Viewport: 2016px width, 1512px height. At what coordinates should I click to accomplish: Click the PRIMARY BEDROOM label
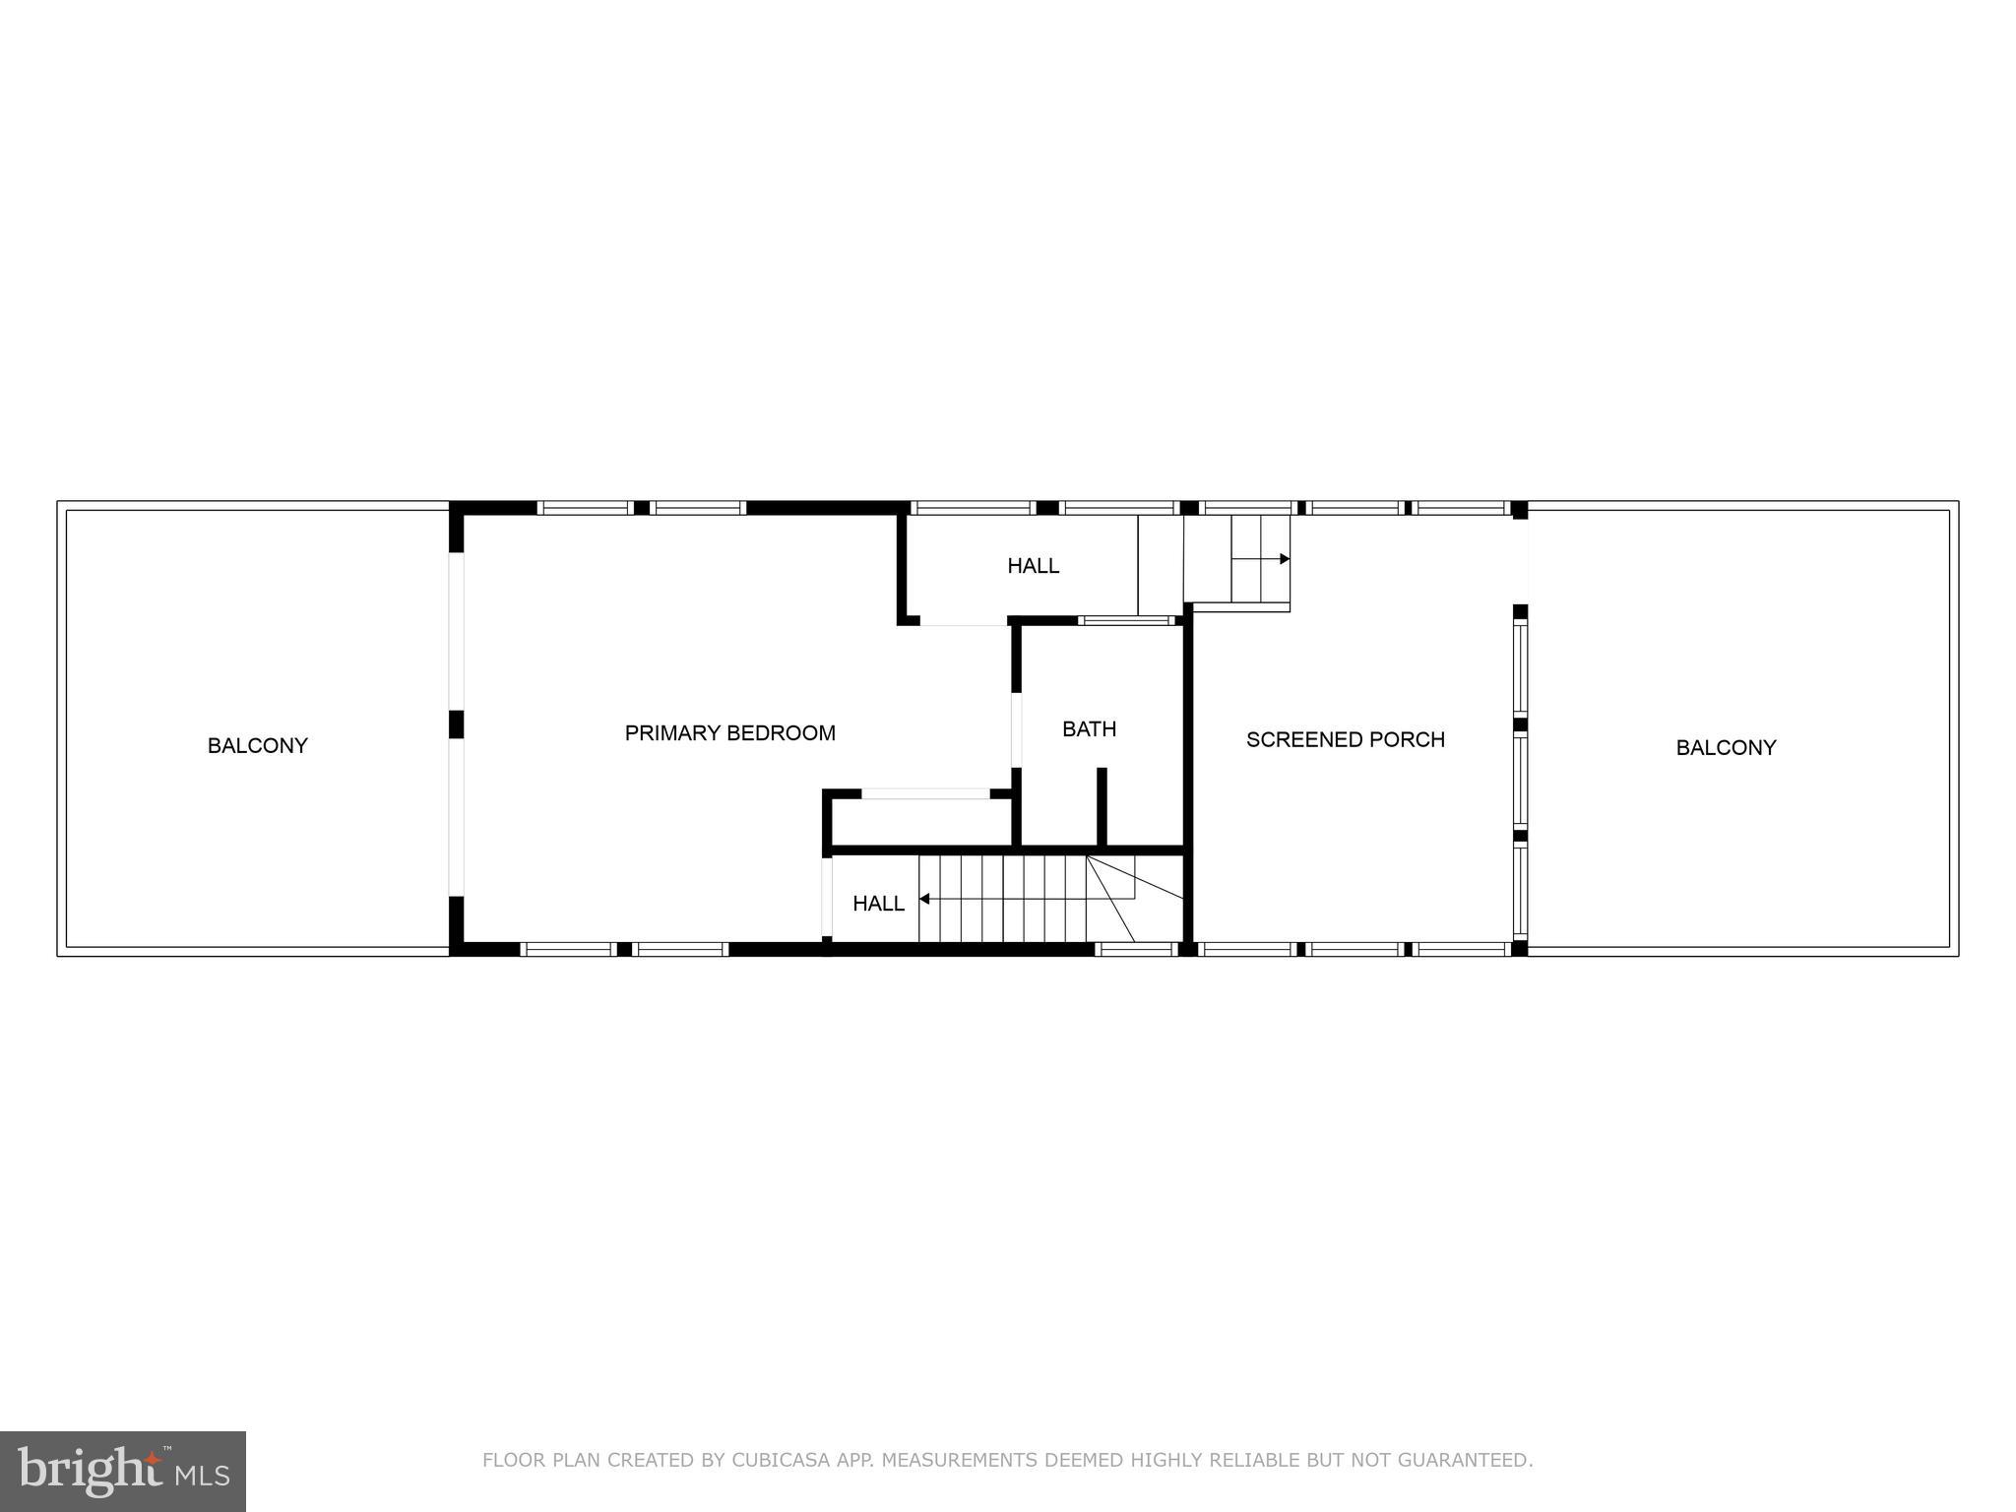click(729, 732)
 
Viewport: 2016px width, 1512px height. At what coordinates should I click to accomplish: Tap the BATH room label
click(1089, 728)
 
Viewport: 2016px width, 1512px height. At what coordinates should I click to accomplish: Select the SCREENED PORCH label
click(1345, 739)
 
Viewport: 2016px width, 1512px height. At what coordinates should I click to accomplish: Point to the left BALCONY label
click(257, 745)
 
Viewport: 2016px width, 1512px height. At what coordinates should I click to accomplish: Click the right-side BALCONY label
click(1726, 747)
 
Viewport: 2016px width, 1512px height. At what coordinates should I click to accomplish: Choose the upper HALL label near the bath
click(1033, 565)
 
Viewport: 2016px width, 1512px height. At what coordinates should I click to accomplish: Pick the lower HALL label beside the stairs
click(878, 903)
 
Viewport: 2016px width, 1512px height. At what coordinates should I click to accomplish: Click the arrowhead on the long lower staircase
click(924, 899)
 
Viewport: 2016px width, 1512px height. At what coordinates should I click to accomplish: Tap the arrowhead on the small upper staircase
click(1285, 559)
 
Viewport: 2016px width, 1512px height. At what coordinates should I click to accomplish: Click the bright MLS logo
click(122, 1471)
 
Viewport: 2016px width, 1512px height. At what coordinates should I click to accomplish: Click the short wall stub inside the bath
click(1102, 806)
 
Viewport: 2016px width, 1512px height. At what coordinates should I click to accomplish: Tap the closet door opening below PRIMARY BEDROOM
click(925, 793)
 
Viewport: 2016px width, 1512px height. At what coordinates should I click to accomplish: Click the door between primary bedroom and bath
click(1016, 729)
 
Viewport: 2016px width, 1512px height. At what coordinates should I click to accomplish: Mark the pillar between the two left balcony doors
click(456, 724)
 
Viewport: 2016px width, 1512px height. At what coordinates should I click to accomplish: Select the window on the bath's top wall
click(1127, 620)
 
